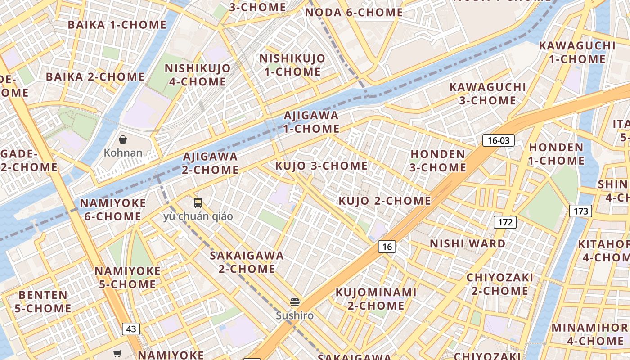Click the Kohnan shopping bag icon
click(123, 139)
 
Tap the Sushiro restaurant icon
click(295, 302)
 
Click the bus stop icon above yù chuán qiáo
click(198, 203)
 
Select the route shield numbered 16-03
click(499, 140)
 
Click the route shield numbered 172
click(505, 222)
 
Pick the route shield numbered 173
click(580, 211)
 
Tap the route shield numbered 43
click(131, 329)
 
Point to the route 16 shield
click(387, 246)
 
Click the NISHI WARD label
click(468, 244)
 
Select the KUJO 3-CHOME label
click(321, 166)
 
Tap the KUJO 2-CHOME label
click(385, 201)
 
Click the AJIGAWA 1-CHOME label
click(311, 122)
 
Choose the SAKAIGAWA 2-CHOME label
click(247, 262)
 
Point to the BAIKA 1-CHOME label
click(117, 25)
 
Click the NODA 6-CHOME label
click(354, 13)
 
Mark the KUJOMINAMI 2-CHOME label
click(376, 299)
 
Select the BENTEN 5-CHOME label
click(43, 301)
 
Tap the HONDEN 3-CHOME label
click(438, 161)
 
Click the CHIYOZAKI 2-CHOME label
click(500, 284)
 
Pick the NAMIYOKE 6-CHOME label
click(113, 210)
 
